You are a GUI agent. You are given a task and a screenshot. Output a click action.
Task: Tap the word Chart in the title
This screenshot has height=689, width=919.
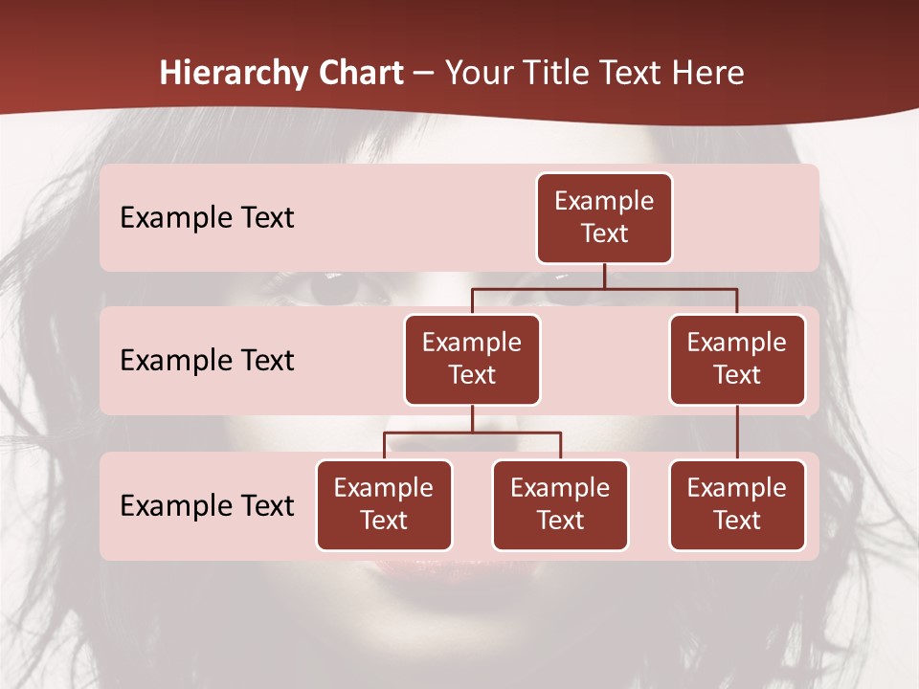[x=357, y=74]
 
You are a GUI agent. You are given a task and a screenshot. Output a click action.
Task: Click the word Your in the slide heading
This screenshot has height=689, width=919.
[x=480, y=74]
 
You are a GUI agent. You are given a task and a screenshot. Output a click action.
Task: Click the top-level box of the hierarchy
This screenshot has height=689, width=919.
[x=604, y=217]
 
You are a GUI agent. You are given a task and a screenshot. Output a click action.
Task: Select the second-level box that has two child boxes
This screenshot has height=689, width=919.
[x=472, y=359]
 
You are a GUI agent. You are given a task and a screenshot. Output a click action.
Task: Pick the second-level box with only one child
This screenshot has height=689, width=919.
[x=737, y=359]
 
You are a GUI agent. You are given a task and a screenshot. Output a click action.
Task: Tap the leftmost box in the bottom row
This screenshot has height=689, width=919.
[x=384, y=504]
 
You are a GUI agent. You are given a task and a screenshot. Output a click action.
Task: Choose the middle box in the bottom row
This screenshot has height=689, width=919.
[x=560, y=504]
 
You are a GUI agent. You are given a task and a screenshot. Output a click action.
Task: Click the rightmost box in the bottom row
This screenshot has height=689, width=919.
[x=737, y=504]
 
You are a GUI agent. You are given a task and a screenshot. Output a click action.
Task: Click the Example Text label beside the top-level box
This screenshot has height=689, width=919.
[x=207, y=218]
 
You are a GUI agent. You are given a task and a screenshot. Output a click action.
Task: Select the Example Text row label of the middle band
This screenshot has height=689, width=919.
[x=207, y=361]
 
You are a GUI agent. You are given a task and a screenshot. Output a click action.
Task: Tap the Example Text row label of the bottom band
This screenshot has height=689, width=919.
[x=207, y=505]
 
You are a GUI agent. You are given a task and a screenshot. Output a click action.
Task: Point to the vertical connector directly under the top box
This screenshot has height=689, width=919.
[x=604, y=276]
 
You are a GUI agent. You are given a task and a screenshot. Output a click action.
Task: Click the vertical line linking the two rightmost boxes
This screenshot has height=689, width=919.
[x=737, y=433]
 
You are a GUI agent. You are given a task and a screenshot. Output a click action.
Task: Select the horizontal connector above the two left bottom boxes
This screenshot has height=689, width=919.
[x=472, y=433]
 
